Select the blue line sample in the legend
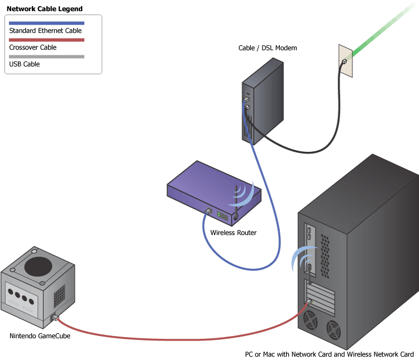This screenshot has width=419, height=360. pos(46,23)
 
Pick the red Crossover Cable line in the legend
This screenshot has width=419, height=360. pos(46,40)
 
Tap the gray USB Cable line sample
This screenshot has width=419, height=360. pos(46,56)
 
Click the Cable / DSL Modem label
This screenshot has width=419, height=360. pos(268,49)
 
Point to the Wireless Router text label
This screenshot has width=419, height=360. pos(234,233)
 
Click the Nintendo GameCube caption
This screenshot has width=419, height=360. pos(40,336)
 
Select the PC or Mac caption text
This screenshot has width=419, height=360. pos(329,354)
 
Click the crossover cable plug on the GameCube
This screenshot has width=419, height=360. pos(55,318)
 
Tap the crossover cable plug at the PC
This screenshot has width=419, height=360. pos(308,301)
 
